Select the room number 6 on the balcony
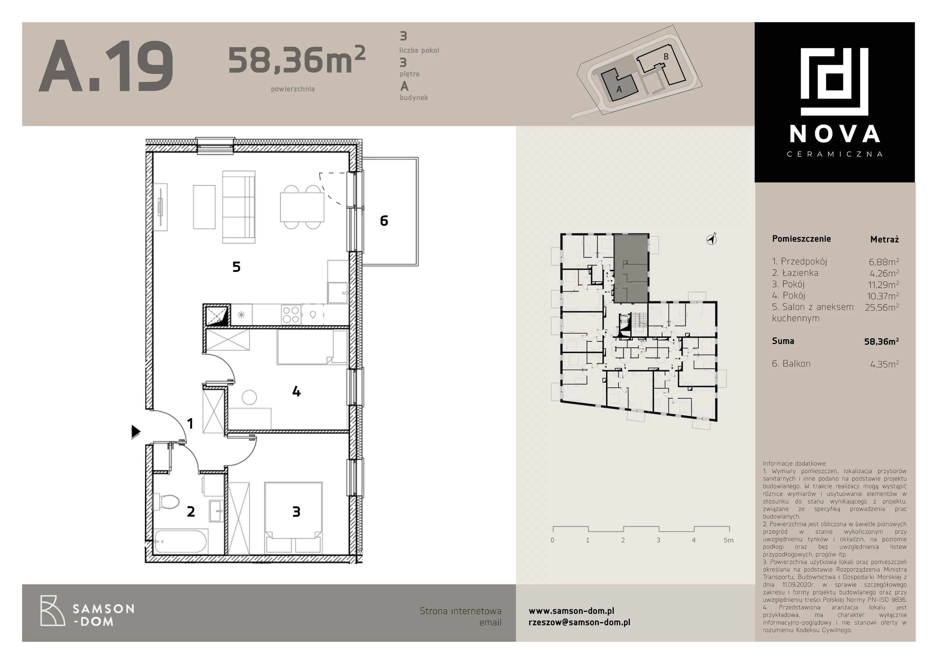(x=384, y=221)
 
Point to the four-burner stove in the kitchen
(x=291, y=315)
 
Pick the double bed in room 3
(x=293, y=518)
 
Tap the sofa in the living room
(x=239, y=207)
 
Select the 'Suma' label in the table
(x=783, y=341)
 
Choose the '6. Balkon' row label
(x=791, y=364)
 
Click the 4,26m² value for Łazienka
(x=884, y=273)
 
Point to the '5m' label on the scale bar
(x=728, y=540)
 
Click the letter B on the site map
(x=666, y=57)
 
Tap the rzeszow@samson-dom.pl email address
(x=579, y=622)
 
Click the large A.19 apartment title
(x=106, y=66)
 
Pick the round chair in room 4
(x=249, y=397)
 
